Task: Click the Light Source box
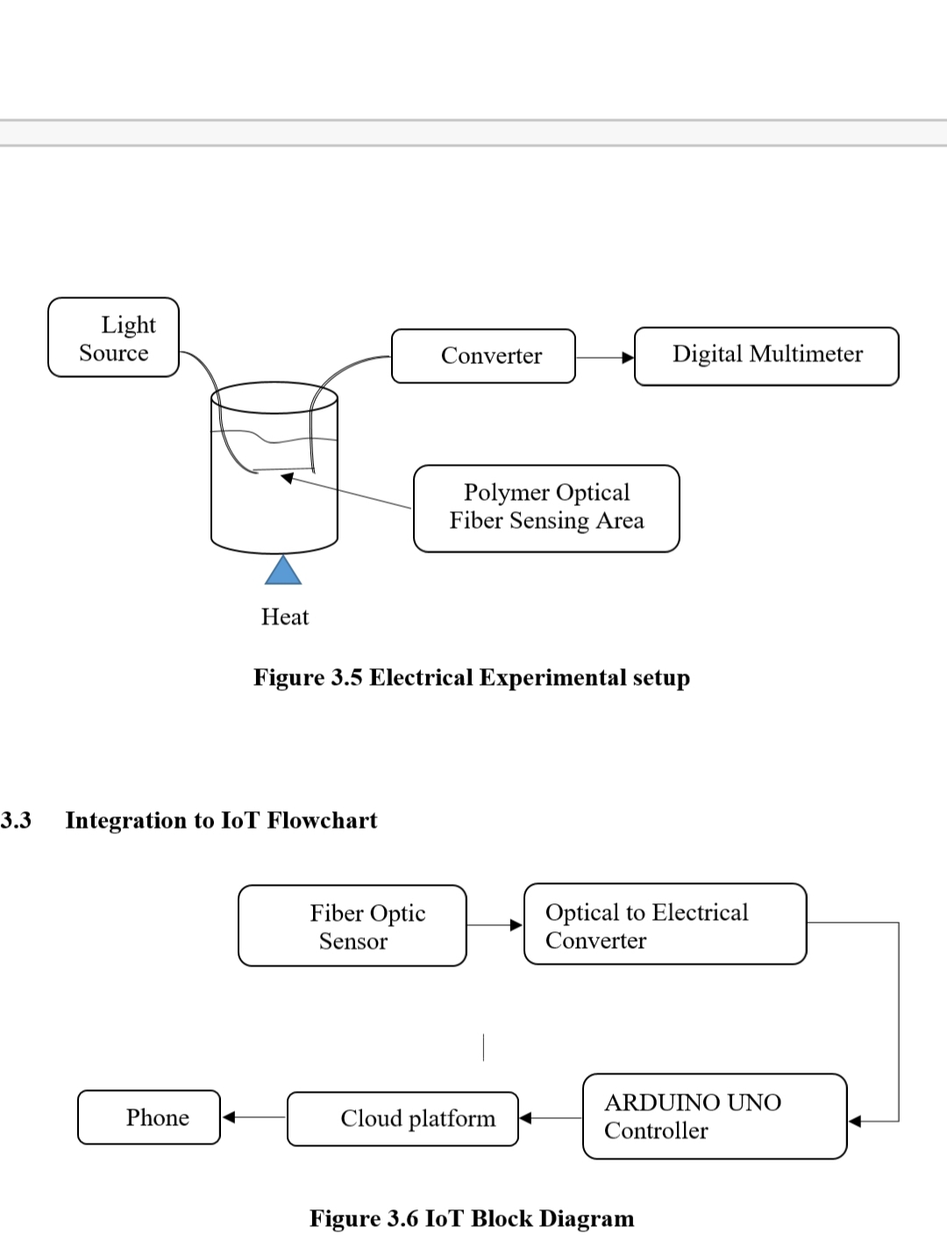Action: [113, 338]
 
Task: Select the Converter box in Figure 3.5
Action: [483, 356]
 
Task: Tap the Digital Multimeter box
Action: [766, 356]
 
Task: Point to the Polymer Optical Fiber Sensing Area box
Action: [546, 508]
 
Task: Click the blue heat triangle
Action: [282, 572]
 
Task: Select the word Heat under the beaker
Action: [285, 617]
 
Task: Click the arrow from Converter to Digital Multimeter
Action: [605, 358]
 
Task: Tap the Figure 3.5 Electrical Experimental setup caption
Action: [472, 678]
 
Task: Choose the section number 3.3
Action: [16, 820]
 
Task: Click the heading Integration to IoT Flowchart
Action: [221, 820]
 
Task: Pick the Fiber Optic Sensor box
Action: [352, 926]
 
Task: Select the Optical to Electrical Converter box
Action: [665, 924]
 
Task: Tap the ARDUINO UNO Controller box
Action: [715, 1116]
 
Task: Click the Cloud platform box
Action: [402, 1118]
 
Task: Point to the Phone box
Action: [149, 1117]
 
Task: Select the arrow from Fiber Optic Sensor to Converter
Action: [495, 924]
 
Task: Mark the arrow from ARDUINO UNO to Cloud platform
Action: [551, 1118]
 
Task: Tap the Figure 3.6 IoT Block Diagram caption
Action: [472, 1219]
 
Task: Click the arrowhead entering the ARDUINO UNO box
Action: [856, 1121]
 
